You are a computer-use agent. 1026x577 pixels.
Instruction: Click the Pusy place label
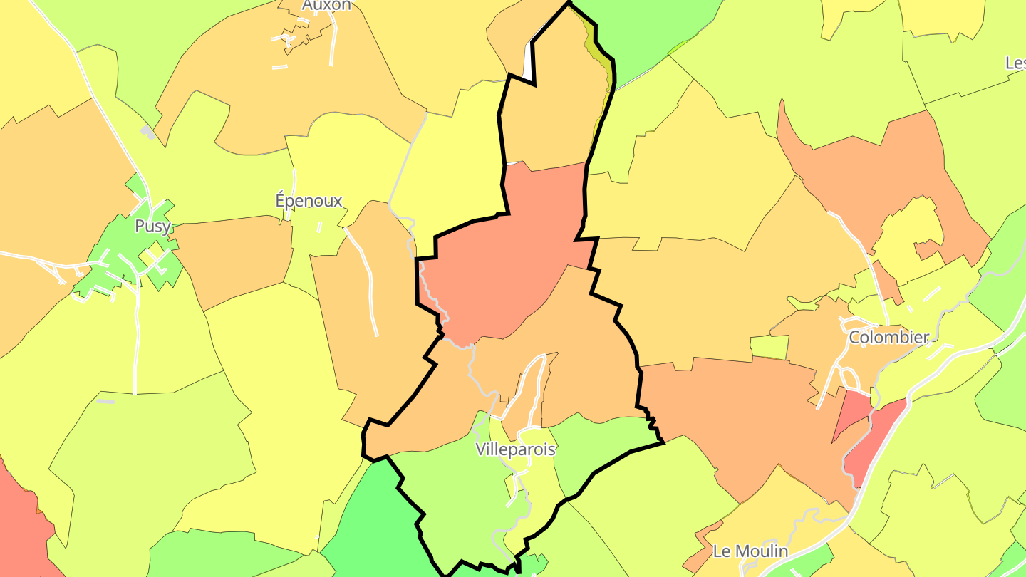click(152, 227)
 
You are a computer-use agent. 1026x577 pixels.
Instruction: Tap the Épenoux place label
click(309, 201)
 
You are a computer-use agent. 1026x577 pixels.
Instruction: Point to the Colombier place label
click(888, 337)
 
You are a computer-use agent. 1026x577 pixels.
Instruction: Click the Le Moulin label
click(750, 551)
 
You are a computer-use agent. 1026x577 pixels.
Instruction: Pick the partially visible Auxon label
click(326, 6)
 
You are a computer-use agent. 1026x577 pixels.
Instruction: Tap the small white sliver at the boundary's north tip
click(529, 64)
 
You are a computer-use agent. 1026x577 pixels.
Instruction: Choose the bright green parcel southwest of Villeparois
click(363, 520)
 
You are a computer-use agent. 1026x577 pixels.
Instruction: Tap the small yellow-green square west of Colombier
click(769, 347)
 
